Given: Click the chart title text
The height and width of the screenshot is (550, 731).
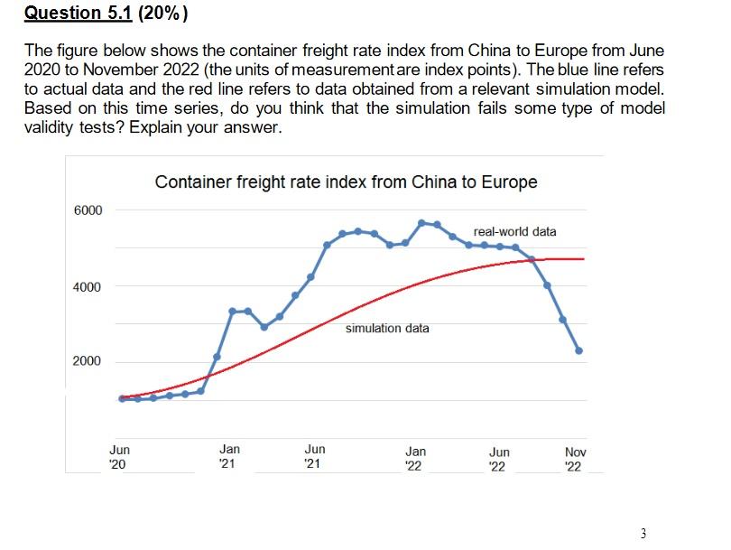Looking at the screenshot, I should (346, 182).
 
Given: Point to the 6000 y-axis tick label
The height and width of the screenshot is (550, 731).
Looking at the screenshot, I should (88, 210).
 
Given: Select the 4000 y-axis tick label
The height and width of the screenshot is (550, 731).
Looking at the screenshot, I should (88, 287).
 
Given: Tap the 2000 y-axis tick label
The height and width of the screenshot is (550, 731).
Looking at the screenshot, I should (88, 362).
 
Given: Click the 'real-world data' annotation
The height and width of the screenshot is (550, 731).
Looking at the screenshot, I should (514, 231).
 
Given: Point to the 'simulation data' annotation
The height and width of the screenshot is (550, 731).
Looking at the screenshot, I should (387, 328).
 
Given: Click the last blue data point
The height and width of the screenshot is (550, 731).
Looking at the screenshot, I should (578, 350).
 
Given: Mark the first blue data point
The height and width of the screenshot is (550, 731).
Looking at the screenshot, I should (122, 399).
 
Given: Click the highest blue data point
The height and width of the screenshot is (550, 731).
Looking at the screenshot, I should (421, 222).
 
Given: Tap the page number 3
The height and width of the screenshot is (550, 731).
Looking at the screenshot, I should (643, 533).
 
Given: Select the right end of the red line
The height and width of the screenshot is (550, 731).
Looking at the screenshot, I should (583, 259).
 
